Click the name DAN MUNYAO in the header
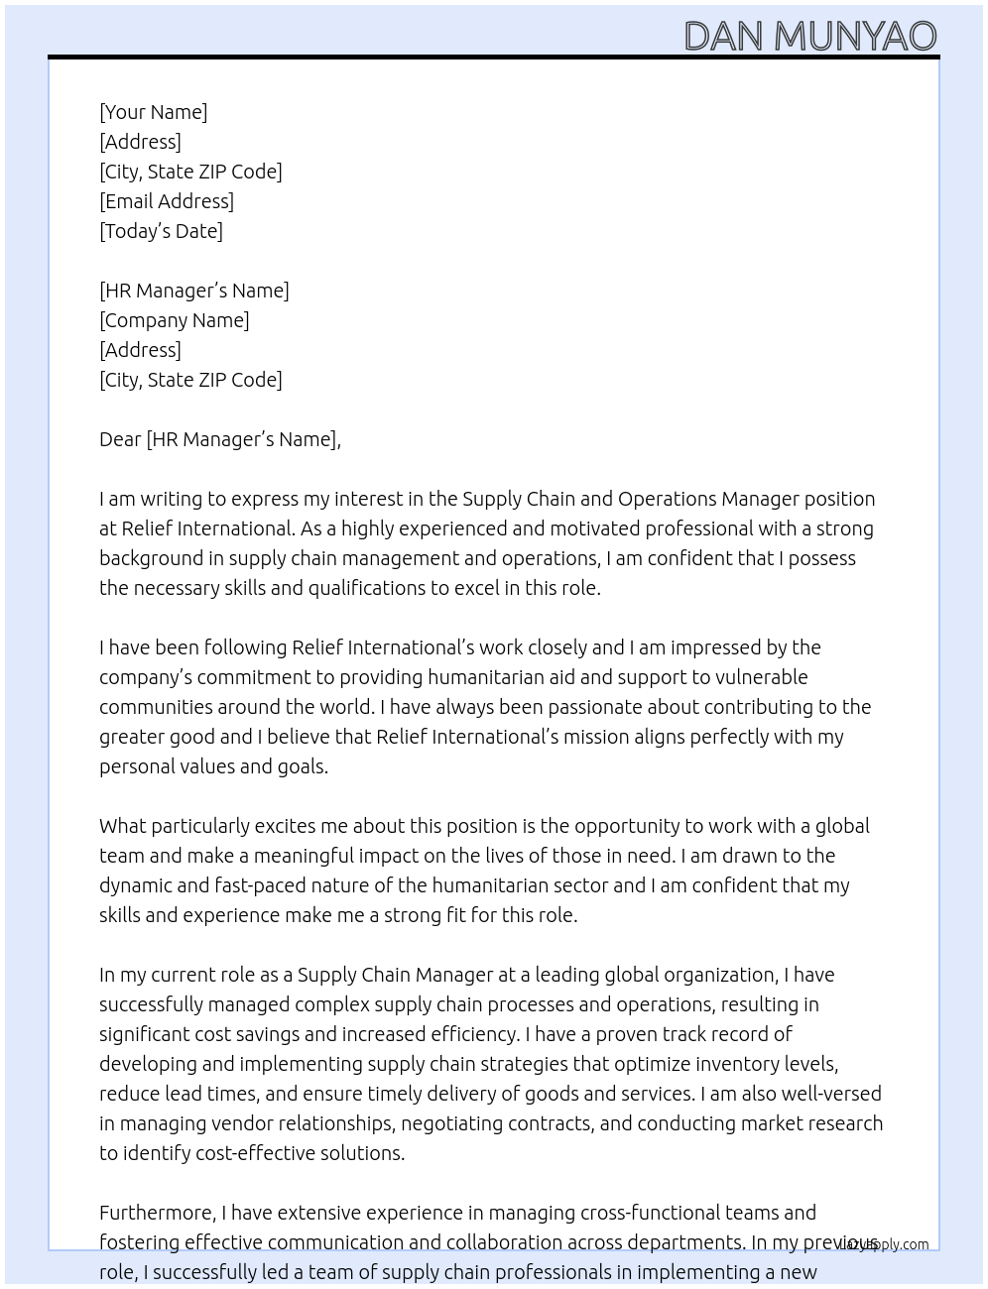click(x=809, y=36)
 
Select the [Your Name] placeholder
click(x=154, y=112)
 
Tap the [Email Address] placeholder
click(x=167, y=201)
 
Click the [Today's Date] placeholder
click(x=161, y=231)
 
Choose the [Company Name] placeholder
click(x=175, y=320)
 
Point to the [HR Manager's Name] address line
click(x=194, y=291)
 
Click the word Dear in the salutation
click(x=120, y=439)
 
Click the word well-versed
click(x=831, y=1094)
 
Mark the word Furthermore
click(x=157, y=1213)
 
